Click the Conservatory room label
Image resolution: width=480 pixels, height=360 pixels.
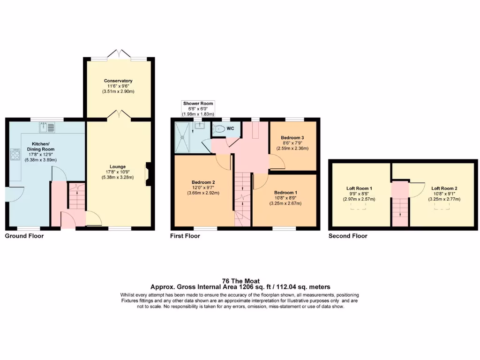pyautogui.click(x=118, y=81)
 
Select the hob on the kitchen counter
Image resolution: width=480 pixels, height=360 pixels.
pyautogui.click(x=15, y=155)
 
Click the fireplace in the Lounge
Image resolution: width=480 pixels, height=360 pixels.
pyautogui.click(x=148, y=174)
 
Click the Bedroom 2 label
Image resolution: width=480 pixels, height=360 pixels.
pyautogui.click(x=203, y=182)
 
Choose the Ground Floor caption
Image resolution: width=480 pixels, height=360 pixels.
pyautogui.click(x=24, y=236)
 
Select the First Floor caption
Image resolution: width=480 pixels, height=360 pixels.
pyautogui.click(x=185, y=236)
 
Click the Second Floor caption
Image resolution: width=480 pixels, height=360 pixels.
pyautogui.click(x=348, y=236)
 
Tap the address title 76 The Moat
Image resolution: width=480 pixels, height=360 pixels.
pyautogui.click(x=240, y=281)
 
